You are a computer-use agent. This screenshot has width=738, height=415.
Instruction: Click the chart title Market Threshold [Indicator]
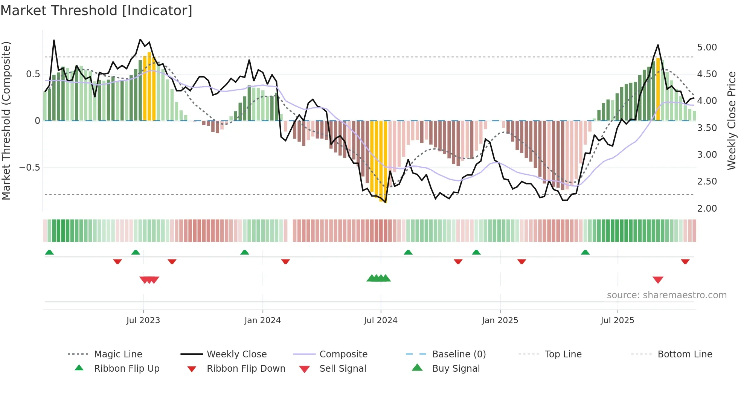pos(96,11)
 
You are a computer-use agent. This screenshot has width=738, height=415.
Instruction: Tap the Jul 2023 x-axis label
pos(143,320)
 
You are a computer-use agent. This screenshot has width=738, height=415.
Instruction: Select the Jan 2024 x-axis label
pos(262,320)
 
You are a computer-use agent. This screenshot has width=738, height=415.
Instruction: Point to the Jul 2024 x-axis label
pos(380,320)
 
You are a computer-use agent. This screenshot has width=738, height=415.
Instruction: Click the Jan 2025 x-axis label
pos(500,320)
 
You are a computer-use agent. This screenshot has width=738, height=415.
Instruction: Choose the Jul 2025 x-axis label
pos(617,320)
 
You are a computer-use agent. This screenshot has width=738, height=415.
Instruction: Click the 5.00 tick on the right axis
pos(707,47)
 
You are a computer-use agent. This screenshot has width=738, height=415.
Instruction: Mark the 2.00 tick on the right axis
pos(707,209)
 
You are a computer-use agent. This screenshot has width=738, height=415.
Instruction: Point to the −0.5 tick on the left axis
pos(30,168)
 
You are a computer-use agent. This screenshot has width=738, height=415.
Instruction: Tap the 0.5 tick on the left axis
pos(33,74)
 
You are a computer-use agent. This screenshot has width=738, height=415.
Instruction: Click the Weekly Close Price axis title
pos(731,121)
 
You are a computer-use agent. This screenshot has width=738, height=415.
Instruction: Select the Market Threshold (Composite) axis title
pos(6,121)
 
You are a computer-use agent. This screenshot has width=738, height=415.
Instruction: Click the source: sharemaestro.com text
pos(666,295)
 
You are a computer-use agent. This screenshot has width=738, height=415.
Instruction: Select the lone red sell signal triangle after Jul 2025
pos(658,280)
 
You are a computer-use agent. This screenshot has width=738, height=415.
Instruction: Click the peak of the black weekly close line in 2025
pos(658,45)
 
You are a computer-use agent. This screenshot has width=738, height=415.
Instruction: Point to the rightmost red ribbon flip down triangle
pos(685,261)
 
